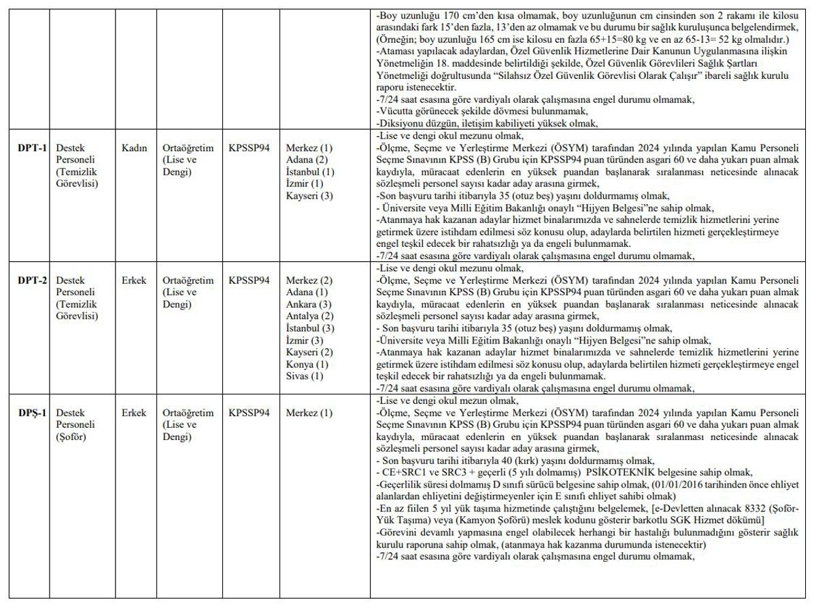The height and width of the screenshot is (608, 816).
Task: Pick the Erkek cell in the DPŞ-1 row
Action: pos(134,412)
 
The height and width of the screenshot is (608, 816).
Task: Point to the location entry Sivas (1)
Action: pos(304,377)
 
